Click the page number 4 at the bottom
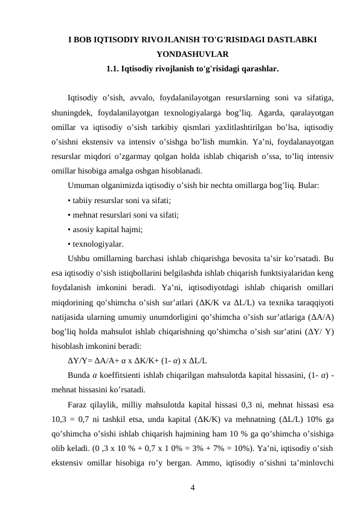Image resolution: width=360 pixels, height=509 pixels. pos(192,487)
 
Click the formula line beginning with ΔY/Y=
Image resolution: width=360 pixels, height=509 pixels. pos(138,361)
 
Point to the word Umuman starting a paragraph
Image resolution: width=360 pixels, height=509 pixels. pos(83,185)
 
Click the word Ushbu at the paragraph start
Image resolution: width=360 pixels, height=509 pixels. pos(80,259)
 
